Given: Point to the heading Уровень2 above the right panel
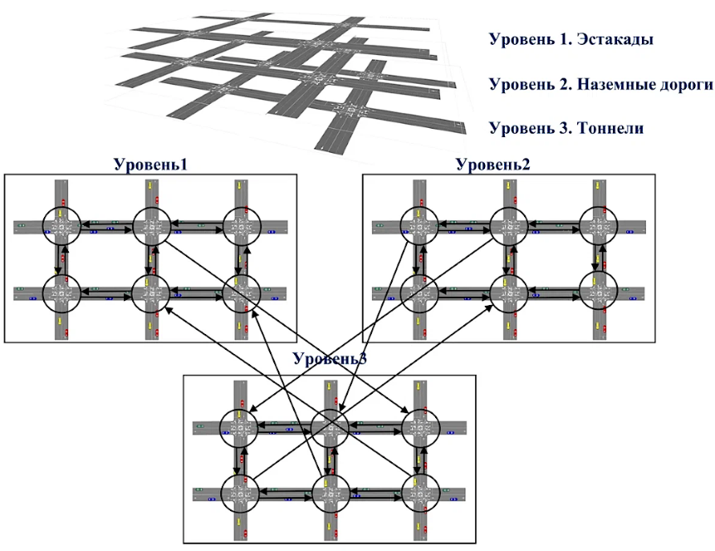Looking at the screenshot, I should coord(493,164).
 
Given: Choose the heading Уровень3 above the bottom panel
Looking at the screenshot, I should coord(330,359).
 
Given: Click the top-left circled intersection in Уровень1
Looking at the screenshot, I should coord(61,224).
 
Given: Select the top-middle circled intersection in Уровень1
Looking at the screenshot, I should coord(150,224).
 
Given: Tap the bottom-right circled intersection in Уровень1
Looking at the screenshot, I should coord(240,292).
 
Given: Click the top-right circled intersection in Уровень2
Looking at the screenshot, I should coord(599,224).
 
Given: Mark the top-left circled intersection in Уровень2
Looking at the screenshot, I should coord(419,224).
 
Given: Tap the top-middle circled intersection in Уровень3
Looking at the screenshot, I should coord(330,427).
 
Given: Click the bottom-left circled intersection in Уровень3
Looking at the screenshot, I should coord(240,494).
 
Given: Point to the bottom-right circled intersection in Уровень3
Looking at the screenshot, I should coord(419,494).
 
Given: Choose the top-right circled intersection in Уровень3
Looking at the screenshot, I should coord(419,427).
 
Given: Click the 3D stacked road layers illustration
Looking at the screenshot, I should coord(282,79).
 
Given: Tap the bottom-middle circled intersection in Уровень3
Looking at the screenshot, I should coord(330,494).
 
